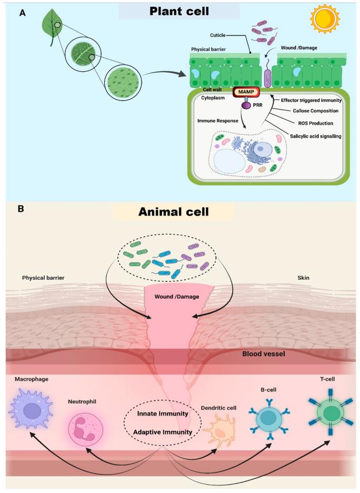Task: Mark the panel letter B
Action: [x=21, y=208]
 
